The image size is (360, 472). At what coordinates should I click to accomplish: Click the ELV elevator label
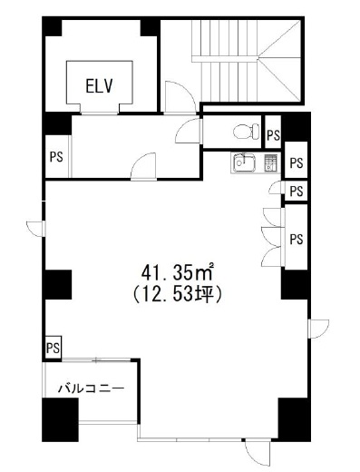point(99,85)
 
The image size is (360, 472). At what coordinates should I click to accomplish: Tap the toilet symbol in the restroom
point(247,131)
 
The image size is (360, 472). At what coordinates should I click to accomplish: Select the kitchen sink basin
point(243,162)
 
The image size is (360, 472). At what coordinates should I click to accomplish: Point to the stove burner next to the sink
point(270,163)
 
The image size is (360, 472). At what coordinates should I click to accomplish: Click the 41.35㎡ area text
point(178,272)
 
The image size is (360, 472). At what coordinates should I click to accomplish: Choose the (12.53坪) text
point(178,295)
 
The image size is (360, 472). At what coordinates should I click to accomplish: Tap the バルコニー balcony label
point(92,388)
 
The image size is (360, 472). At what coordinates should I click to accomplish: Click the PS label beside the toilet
point(273,135)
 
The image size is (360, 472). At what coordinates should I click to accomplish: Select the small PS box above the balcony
point(54,348)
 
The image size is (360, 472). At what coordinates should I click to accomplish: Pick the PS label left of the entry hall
point(56,157)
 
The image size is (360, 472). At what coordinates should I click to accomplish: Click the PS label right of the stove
point(297,163)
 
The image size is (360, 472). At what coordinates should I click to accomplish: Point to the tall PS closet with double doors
point(297,237)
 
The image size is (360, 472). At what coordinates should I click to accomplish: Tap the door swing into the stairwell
point(180,97)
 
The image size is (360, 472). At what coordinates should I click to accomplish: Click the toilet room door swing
point(188,131)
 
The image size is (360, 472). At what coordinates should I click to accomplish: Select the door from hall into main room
point(143,166)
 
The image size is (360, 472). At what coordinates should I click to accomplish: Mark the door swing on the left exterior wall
point(36,229)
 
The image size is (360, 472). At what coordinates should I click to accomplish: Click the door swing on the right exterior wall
point(318,329)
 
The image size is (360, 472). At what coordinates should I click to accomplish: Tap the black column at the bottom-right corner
point(294,419)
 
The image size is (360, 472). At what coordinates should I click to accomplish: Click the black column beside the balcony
point(60,419)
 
